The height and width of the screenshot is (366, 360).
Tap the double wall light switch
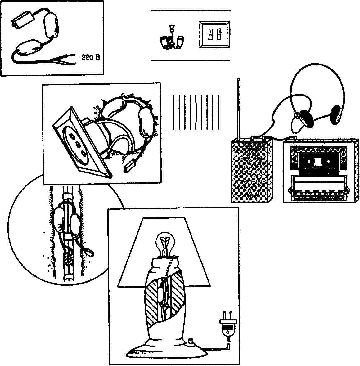(x=214, y=34)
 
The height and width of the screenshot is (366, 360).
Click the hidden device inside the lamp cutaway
(x=162, y=295)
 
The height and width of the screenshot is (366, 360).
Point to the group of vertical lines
(x=196, y=112)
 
